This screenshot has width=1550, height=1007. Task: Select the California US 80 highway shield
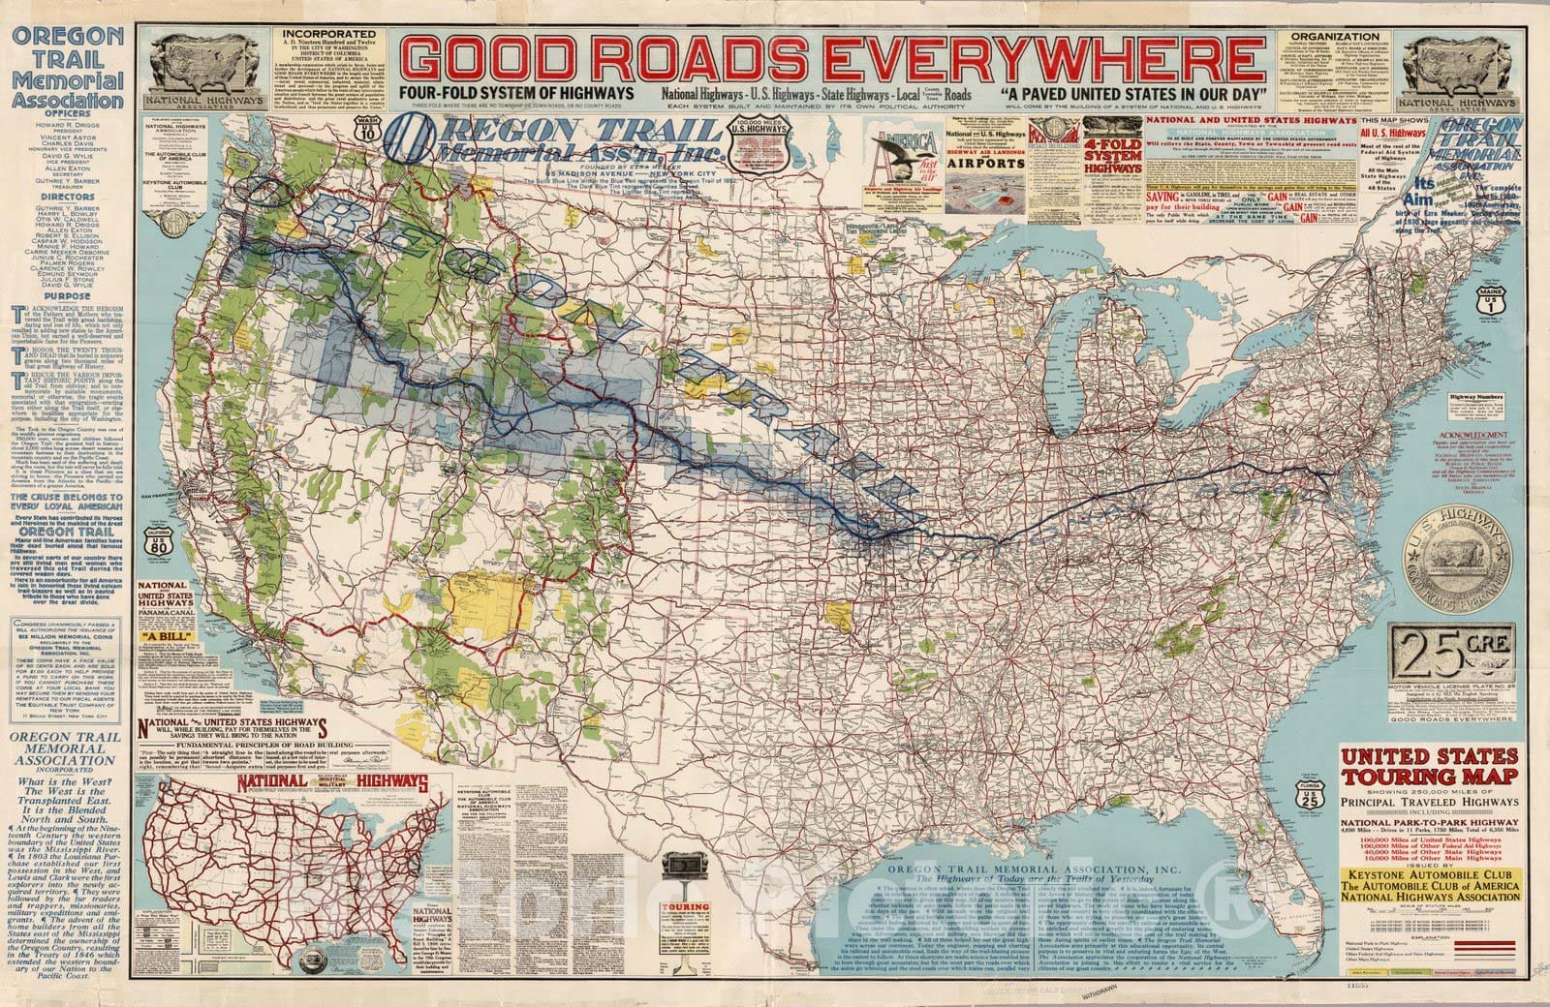158,544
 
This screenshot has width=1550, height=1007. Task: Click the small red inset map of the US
291,862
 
